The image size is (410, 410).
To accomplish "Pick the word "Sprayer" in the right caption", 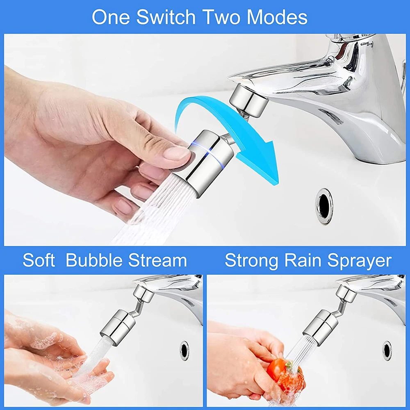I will (360, 261).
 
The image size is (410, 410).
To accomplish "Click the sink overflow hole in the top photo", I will (324, 206).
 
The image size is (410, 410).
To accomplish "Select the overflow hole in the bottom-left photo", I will (184, 351).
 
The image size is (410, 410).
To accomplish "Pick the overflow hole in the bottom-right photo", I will (387, 351).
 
